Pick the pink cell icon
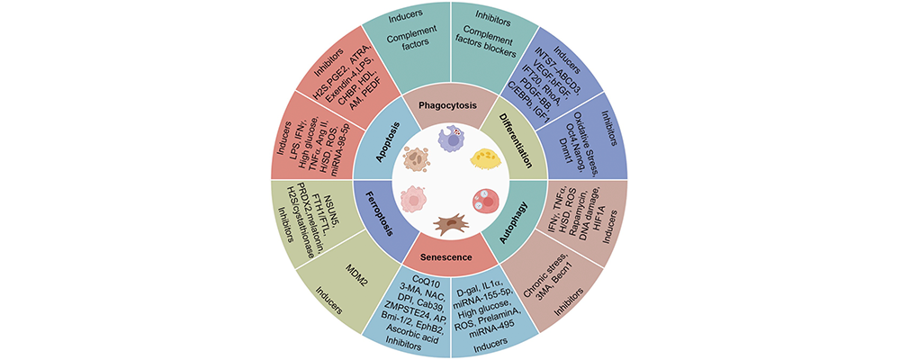tap(412, 200)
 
